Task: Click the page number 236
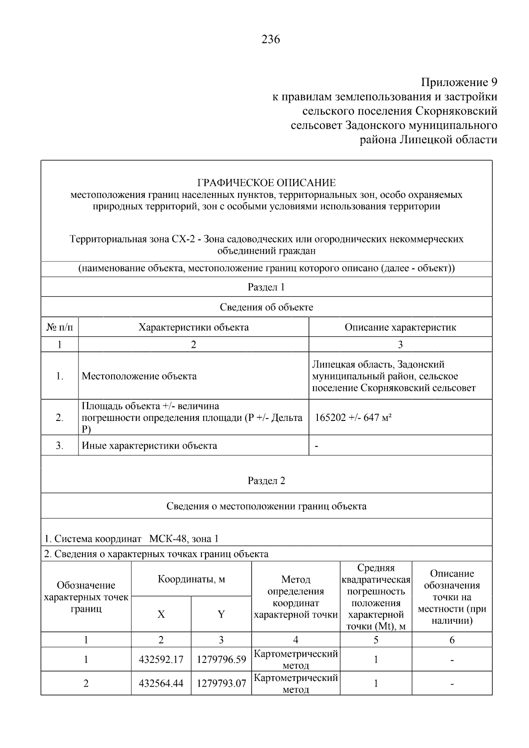click(271, 40)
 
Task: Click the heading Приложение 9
click(459, 82)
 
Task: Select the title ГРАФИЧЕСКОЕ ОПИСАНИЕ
click(266, 182)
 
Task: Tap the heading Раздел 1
click(266, 287)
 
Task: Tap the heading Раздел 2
click(266, 480)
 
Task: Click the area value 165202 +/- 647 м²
click(353, 417)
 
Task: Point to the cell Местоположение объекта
click(139, 376)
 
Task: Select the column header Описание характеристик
click(400, 327)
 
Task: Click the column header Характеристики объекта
click(194, 327)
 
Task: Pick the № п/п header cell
click(60, 327)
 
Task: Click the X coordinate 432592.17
click(161, 660)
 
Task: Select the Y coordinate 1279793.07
click(221, 684)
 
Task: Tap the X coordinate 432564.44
click(161, 684)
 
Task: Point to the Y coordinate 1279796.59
click(221, 660)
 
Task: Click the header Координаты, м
click(191, 579)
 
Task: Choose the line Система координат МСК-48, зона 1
click(131, 539)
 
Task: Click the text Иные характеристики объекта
click(149, 446)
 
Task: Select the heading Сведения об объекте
click(266, 307)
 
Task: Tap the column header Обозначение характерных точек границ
click(86, 597)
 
